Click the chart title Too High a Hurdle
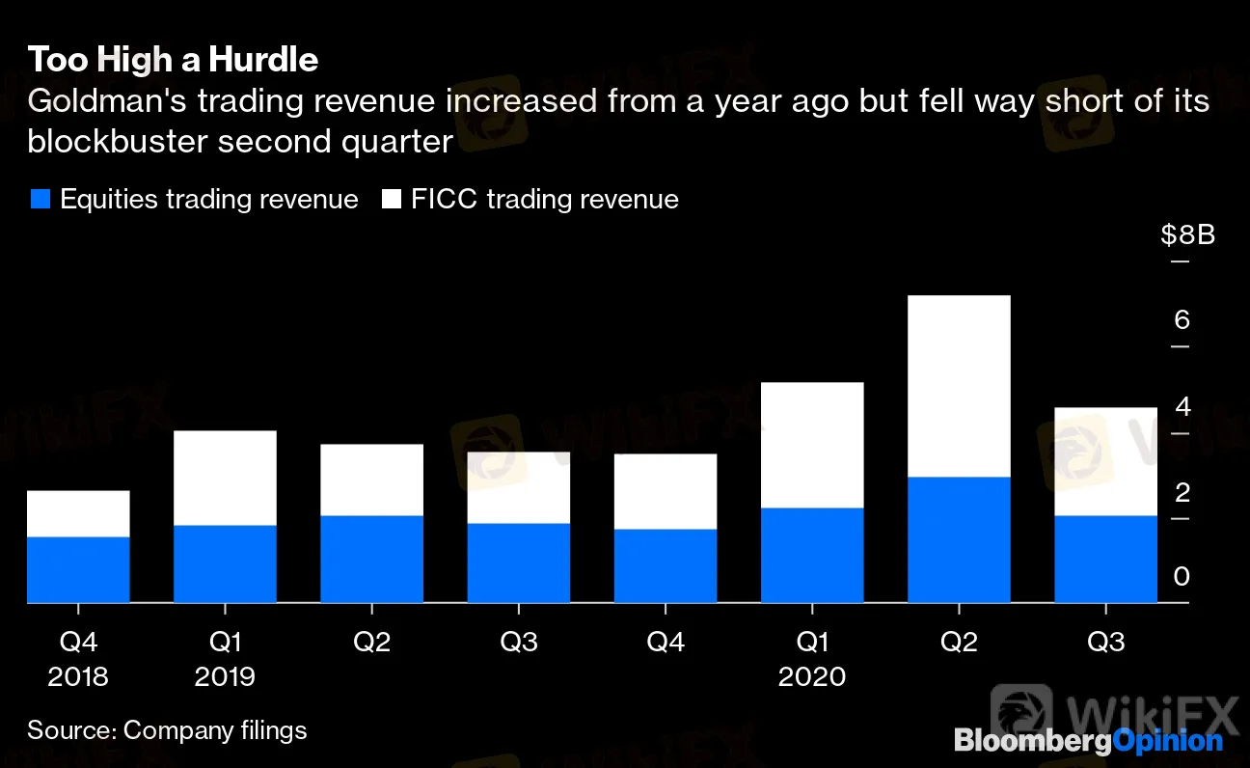pyautogui.click(x=173, y=60)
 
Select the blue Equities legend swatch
pyautogui.click(x=40, y=200)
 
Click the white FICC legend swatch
pyautogui.click(x=392, y=200)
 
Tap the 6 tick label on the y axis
pyautogui.click(x=1182, y=320)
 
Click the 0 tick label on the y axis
pyautogui.click(x=1182, y=577)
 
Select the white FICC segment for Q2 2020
pyautogui.click(x=958, y=386)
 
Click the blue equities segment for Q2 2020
pyautogui.click(x=958, y=540)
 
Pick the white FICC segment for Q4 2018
pyautogui.click(x=78, y=513)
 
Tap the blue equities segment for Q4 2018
pyautogui.click(x=78, y=570)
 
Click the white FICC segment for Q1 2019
pyautogui.click(x=225, y=478)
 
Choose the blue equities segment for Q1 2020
pyautogui.click(x=811, y=556)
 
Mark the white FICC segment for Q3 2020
pyautogui.click(x=1105, y=461)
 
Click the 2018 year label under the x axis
pyautogui.click(x=78, y=676)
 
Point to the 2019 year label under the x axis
pyautogui.click(x=225, y=676)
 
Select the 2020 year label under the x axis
pyautogui.click(x=811, y=676)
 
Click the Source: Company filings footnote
pyautogui.click(x=167, y=730)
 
